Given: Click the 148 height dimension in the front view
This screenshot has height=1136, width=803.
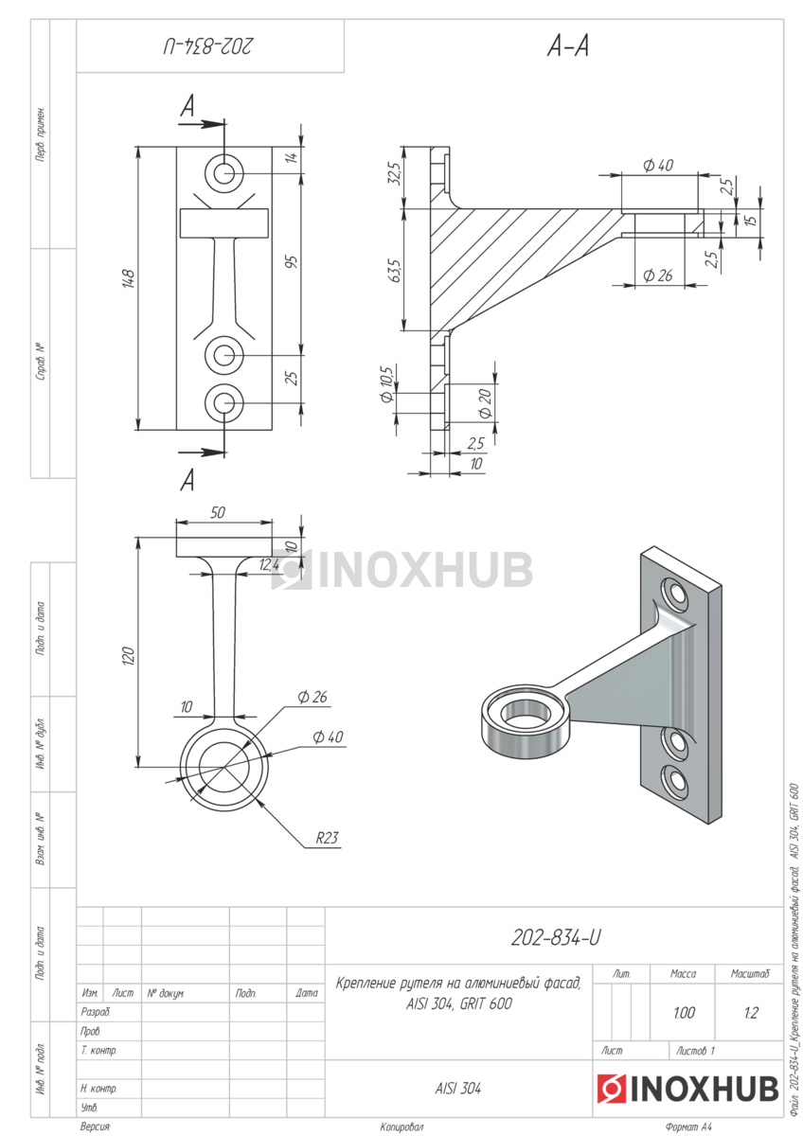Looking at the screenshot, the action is [x=129, y=279].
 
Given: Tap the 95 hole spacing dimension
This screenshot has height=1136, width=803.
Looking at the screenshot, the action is [x=292, y=261].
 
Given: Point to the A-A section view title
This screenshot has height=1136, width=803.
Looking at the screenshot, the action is [x=567, y=46].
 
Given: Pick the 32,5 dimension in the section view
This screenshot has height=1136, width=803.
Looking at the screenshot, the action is [x=396, y=173].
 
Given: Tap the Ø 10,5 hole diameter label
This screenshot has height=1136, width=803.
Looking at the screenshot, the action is [x=386, y=384].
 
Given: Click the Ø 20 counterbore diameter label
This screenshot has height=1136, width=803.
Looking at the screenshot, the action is [x=486, y=403].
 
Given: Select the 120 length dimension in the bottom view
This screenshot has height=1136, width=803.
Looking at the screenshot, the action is [x=129, y=656].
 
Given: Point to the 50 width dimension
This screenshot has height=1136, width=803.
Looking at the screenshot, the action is [x=218, y=513].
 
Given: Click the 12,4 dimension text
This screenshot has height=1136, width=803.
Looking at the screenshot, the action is [x=269, y=564].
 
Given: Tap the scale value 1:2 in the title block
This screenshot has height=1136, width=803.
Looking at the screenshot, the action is [x=751, y=1013].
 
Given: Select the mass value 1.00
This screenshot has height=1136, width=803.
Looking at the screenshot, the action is [x=684, y=1013].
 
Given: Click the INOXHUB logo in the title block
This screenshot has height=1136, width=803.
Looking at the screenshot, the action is [x=687, y=1089].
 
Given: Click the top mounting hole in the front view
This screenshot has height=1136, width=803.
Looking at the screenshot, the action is [x=224, y=173].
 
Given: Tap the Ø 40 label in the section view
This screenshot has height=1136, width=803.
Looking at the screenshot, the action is [x=658, y=165].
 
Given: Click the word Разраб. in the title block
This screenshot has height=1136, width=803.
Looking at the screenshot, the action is [x=96, y=1012].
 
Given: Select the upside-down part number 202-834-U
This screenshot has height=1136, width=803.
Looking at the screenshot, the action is [x=207, y=46].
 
